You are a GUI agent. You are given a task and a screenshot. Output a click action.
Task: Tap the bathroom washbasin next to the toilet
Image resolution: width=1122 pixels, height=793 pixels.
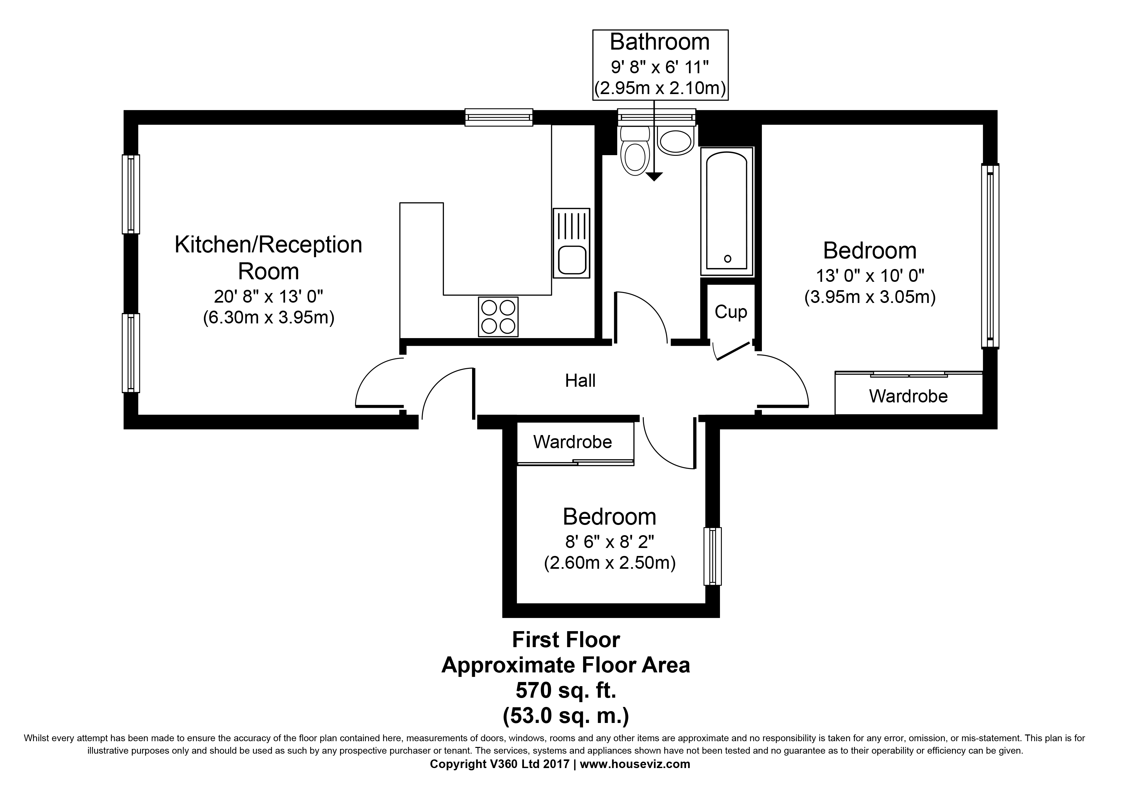pyautogui.click(x=676, y=140)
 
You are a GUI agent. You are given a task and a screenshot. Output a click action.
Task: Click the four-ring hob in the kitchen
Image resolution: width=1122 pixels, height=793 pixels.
pyautogui.click(x=498, y=317)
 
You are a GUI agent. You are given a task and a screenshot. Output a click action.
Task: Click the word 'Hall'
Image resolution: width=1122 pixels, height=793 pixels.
pyautogui.click(x=580, y=381)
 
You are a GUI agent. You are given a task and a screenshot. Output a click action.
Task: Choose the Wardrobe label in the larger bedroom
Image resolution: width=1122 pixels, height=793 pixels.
pyautogui.click(x=908, y=396)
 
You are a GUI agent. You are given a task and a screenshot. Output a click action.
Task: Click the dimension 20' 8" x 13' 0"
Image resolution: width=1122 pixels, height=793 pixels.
pyautogui.click(x=269, y=296)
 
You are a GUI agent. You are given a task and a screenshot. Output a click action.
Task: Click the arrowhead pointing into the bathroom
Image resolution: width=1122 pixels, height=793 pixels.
pyautogui.click(x=654, y=177)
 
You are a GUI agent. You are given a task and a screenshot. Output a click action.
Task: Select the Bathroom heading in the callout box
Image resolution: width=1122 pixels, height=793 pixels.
pyautogui.click(x=660, y=42)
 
